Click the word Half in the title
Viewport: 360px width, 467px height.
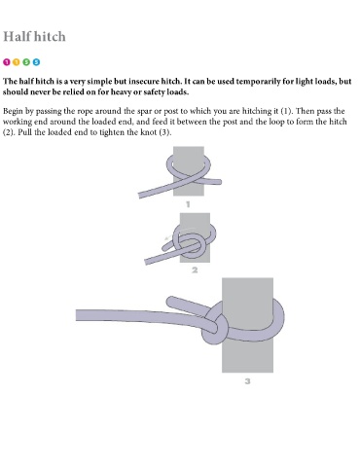[17, 36]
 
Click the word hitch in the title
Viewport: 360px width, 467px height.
[50, 36]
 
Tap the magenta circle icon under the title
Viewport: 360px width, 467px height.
[7, 62]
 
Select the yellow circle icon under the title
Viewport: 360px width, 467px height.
[17, 62]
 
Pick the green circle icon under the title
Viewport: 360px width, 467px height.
[26, 62]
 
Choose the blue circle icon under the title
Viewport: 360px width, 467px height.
[36, 62]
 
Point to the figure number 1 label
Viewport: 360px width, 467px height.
[188, 204]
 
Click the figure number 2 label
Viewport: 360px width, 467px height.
[195, 269]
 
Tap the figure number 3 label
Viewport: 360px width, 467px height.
[247, 381]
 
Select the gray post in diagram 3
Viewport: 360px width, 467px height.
[247, 357]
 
